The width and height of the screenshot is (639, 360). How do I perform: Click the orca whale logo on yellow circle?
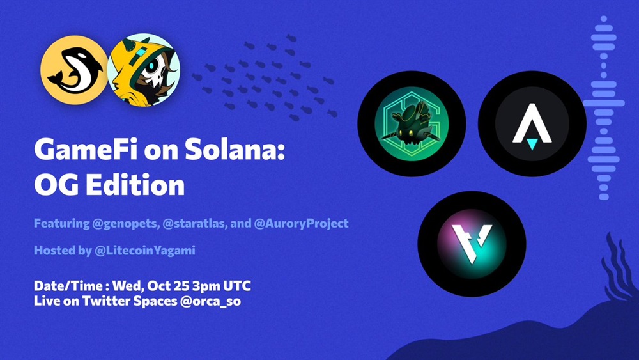[x=74, y=70]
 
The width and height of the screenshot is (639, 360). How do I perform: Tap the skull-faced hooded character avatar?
[x=143, y=70]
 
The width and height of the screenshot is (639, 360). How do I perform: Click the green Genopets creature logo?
[x=412, y=123]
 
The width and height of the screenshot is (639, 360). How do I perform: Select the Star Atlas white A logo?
[x=532, y=123]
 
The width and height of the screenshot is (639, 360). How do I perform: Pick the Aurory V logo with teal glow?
[x=472, y=244]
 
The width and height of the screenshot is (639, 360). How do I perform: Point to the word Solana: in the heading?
[x=235, y=150]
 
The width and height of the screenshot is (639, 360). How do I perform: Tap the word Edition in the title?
[x=135, y=185]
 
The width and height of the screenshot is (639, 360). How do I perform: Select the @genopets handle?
[x=126, y=224]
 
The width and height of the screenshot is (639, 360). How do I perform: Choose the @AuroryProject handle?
[x=301, y=224]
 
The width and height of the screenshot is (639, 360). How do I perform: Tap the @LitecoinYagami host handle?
[x=144, y=250]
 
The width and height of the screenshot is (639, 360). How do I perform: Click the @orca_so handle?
[x=210, y=301]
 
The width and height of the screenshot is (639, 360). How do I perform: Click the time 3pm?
[x=206, y=286]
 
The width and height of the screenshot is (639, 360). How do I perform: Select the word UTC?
[x=237, y=286]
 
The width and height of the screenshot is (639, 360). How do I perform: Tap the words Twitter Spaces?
[x=130, y=301]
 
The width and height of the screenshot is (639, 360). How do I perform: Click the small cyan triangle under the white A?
[x=532, y=144]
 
